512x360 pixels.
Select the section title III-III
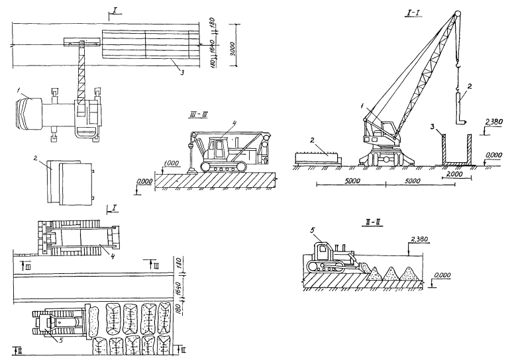pos(198,113)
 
